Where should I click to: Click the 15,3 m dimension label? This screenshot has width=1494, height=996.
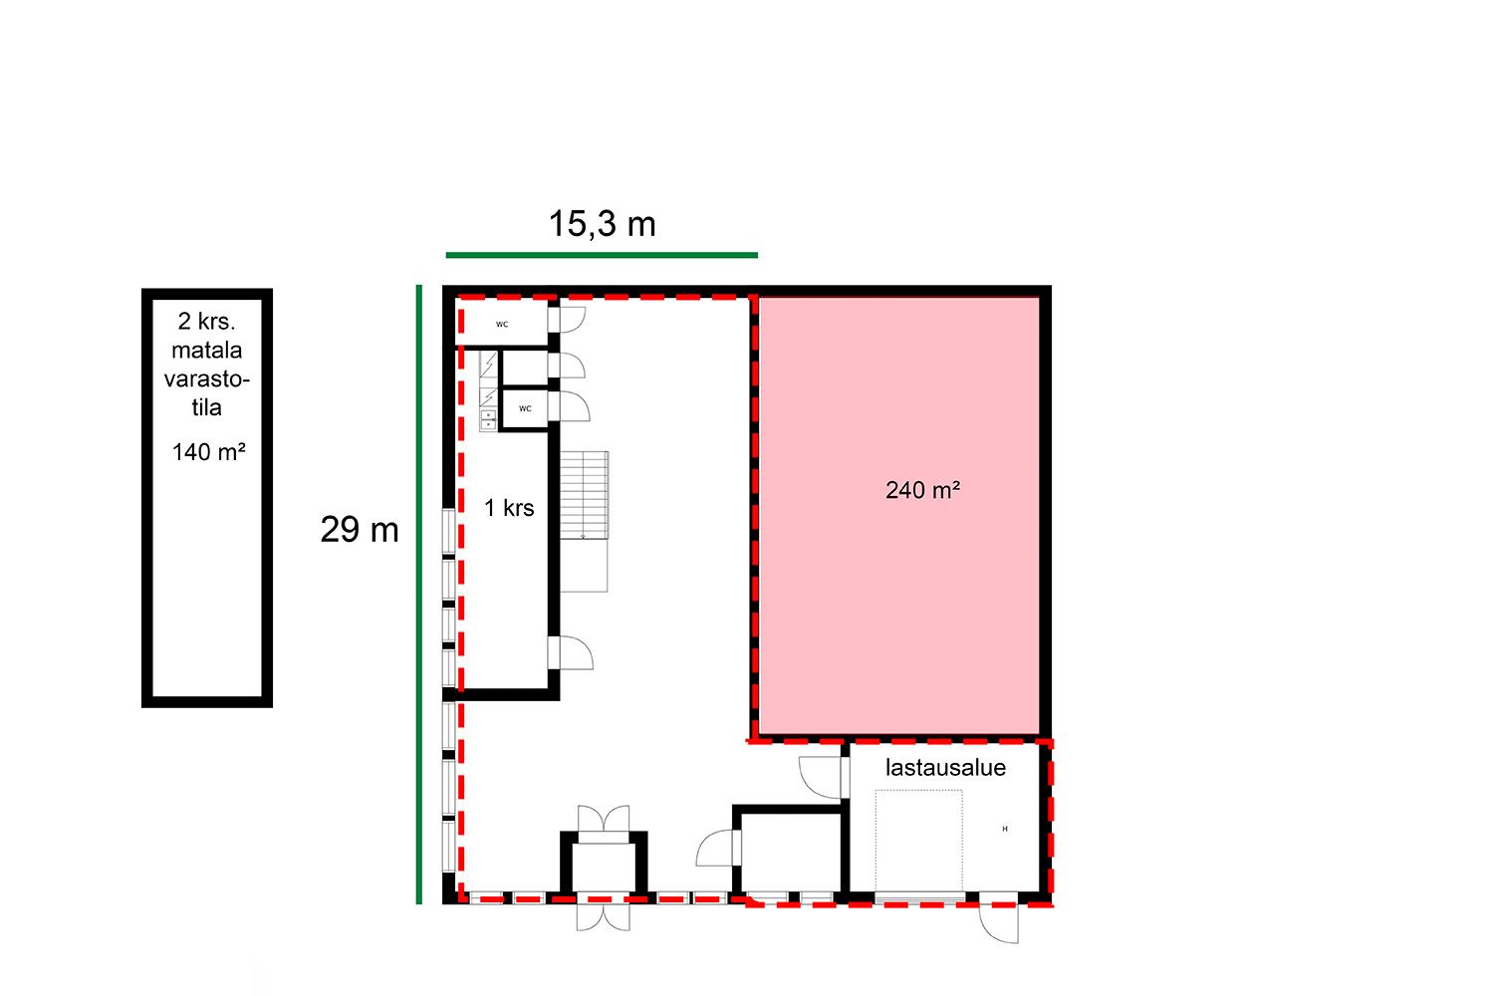[x=602, y=224]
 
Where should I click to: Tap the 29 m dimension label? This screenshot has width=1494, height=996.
[x=360, y=530]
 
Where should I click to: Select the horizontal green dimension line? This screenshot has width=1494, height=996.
[x=602, y=255]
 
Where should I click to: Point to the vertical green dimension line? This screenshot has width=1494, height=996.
[x=419, y=595]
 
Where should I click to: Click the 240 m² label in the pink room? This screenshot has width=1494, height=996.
[x=922, y=490]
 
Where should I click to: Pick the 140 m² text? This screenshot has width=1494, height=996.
[x=209, y=452]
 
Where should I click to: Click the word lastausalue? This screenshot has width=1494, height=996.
[x=945, y=768]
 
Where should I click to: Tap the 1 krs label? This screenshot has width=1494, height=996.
[x=509, y=508]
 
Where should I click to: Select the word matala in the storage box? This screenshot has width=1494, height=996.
[x=207, y=351]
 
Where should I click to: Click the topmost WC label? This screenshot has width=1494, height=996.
[x=502, y=325]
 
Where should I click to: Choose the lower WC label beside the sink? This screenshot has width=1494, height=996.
[x=526, y=409]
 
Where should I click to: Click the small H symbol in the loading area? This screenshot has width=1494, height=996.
[x=1005, y=830]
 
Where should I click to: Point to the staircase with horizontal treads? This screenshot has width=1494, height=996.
[x=585, y=495]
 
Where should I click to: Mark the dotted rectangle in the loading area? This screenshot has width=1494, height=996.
[x=919, y=841]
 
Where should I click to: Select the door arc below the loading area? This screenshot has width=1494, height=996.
[x=998, y=924]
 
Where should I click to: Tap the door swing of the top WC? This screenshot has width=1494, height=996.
[x=572, y=320]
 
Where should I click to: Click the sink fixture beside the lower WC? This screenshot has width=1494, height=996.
[x=488, y=420]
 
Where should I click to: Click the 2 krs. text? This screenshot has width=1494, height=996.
[x=207, y=322]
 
